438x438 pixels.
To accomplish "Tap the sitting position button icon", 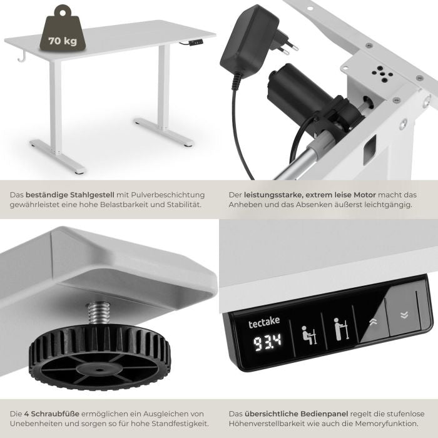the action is (309, 335).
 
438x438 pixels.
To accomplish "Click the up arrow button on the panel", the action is (373, 322).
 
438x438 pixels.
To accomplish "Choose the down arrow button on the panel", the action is (404, 315).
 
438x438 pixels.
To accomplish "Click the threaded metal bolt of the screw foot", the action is (98, 313).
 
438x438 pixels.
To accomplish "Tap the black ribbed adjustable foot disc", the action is (99, 356).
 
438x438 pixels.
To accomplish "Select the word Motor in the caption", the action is (365, 195).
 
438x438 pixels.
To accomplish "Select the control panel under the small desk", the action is (195, 42).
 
